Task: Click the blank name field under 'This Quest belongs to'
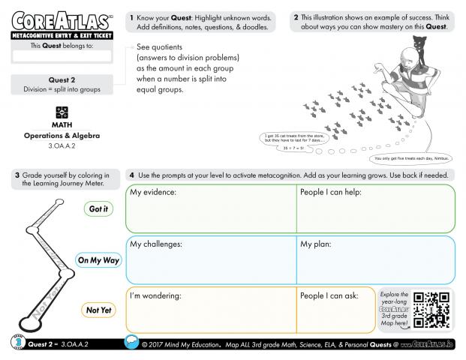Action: point(62,56)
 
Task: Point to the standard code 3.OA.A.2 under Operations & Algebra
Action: point(62,145)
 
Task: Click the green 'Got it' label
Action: point(98,209)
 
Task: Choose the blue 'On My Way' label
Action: point(98,260)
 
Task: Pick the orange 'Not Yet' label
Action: point(98,310)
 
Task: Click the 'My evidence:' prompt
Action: point(153,193)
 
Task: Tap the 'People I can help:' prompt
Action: point(331,193)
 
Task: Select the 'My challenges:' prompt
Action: point(156,244)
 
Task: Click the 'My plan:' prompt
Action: point(316,244)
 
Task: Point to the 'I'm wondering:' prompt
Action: point(156,295)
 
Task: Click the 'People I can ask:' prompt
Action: point(329,295)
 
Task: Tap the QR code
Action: point(431,309)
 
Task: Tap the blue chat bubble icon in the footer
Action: point(130,343)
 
